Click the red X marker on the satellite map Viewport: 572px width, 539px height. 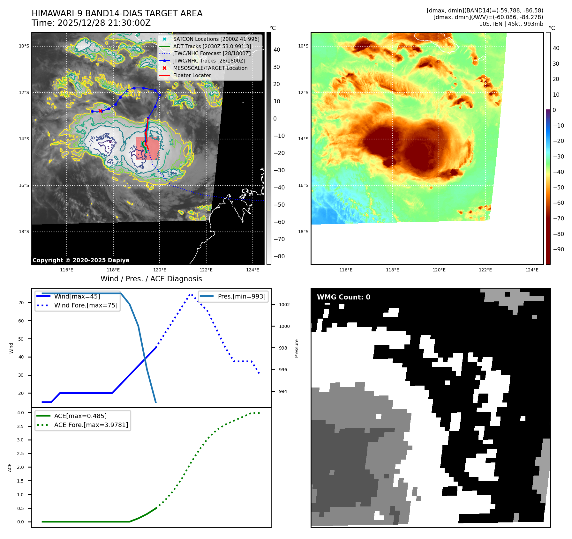coord(101,111)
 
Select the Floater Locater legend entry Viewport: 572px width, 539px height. coord(192,76)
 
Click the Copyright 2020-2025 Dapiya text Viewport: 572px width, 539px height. coord(81,260)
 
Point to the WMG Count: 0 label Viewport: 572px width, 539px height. coord(343,297)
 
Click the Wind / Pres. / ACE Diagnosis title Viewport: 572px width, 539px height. coord(151,279)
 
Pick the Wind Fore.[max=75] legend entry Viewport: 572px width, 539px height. coord(86,305)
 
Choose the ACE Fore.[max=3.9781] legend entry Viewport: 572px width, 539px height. coord(91,425)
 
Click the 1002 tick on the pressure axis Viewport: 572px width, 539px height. coord(284,305)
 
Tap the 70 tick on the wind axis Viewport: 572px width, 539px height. coord(21,303)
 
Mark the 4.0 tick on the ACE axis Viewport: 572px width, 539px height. coord(20,413)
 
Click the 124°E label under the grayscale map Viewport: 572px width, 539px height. coord(252,270)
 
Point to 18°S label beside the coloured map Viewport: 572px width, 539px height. coord(303,232)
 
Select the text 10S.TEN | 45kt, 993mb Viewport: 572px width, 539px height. coord(511,24)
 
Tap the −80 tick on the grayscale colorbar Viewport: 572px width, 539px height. coord(279,256)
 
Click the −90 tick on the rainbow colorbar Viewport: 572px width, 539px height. coord(558,249)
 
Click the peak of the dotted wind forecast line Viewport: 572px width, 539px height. coord(191,294)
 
